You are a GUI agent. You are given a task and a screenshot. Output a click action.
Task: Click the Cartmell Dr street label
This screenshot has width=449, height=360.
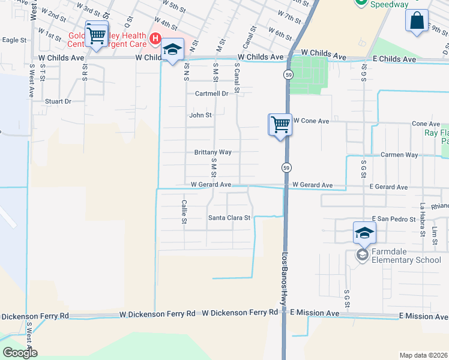click(x=212, y=94)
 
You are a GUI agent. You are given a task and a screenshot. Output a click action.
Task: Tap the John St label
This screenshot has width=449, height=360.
click(x=200, y=115)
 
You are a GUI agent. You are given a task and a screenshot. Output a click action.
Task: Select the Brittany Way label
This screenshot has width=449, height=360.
click(x=212, y=152)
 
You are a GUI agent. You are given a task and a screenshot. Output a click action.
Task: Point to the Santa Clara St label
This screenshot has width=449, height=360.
click(x=229, y=218)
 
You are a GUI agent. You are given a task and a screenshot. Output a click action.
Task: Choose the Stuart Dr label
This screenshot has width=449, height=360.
click(x=58, y=102)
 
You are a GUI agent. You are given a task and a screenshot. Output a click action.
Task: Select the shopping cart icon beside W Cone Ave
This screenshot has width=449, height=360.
click(x=280, y=125)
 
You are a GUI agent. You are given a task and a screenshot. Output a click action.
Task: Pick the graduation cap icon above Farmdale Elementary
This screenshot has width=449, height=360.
click(x=364, y=233)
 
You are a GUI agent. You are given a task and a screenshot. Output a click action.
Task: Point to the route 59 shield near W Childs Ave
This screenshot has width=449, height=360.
click(x=288, y=74)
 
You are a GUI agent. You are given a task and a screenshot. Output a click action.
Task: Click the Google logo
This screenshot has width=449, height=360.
click(x=20, y=353)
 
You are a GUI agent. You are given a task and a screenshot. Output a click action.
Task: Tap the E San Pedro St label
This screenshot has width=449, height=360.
click(x=394, y=220)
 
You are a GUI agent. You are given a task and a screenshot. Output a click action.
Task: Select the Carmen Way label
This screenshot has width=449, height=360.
click(x=399, y=155)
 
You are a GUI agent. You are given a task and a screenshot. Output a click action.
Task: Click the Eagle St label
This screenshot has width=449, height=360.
click(x=14, y=40)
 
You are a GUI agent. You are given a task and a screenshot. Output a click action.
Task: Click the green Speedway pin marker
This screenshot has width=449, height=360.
click(x=361, y=3)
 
